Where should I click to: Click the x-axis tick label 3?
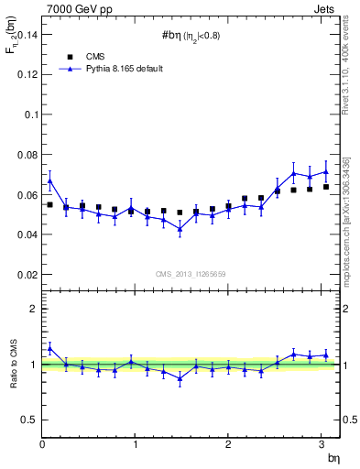click(x=321, y=445)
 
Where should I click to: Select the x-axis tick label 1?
click(x=136, y=445)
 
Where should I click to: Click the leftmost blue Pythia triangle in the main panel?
click(x=50, y=180)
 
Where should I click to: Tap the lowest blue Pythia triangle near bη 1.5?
click(x=180, y=229)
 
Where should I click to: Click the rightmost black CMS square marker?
click(x=325, y=187)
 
